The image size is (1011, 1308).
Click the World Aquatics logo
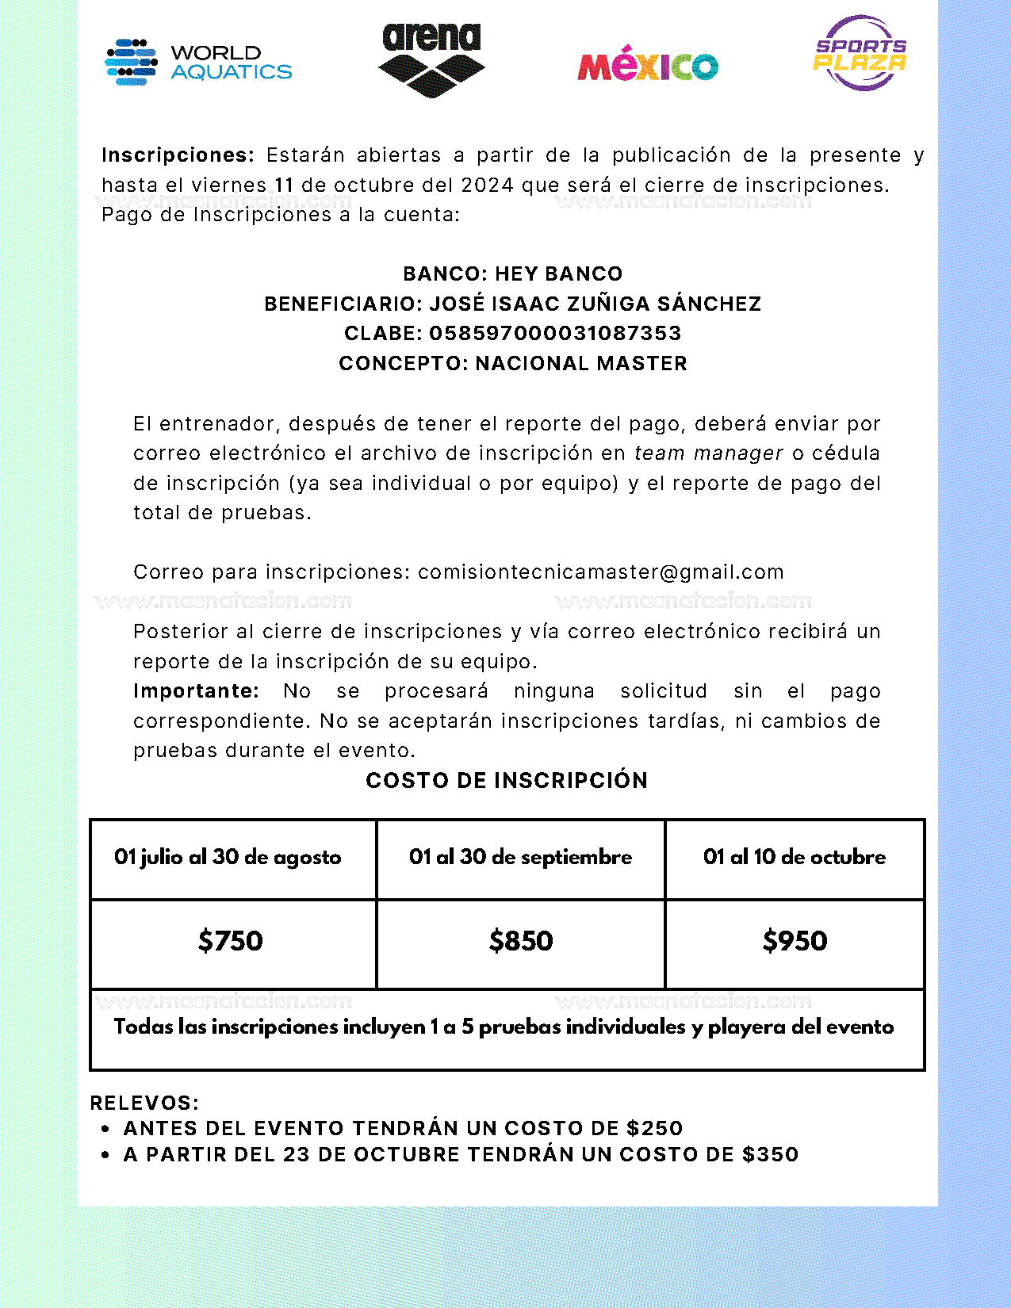coord(198,62)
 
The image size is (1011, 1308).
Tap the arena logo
coord(431,59)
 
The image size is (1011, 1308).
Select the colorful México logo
coord(648,64)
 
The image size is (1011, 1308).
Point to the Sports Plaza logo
coord(860,53)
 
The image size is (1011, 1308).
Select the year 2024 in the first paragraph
coord(487,185)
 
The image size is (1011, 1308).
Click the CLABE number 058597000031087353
coord(555,333)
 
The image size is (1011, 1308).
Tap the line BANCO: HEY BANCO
coord(512,273)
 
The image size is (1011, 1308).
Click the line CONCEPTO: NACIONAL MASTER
coord(512,363)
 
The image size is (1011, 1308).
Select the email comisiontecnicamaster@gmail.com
coord(600,572)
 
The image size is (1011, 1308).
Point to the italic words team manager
coord(708,453)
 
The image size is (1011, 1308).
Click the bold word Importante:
coord(196,690)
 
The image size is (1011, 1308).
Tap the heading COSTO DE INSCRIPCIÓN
coord(507,780)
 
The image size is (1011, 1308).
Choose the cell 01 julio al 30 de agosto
coord(228,857)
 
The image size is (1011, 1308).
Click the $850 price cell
coord(521,941)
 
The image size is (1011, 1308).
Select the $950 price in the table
coord(795,941)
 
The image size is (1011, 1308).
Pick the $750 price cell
coord(230,941)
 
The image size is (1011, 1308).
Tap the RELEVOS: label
coord(144,1103)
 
